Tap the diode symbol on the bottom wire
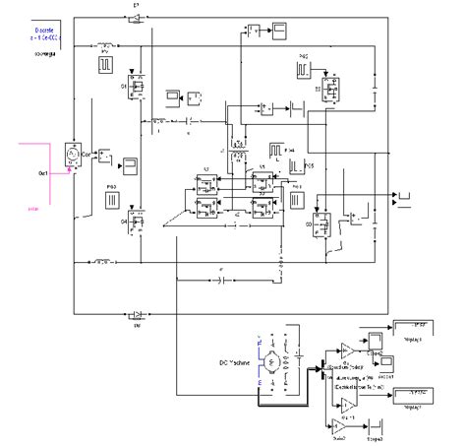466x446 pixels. tap(137, 315)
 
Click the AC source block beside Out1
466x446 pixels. tap(72, 154)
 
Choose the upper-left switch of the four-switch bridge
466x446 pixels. tap(207, 184)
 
